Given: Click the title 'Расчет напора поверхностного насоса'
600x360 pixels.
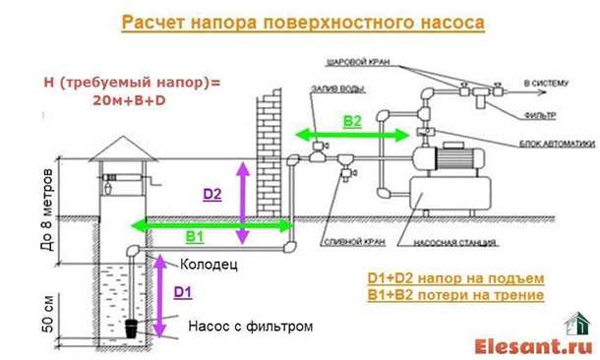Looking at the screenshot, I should [303, 23].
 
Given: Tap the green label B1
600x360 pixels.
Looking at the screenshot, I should [195, 237].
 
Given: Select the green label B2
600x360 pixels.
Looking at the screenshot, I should [352, 120].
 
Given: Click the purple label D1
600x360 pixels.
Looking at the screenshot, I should [183, 292].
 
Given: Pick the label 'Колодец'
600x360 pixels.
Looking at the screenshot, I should [209, 265].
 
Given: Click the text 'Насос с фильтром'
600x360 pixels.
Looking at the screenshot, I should [250, 326].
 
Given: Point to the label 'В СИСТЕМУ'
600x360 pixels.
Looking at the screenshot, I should [546, 85].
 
